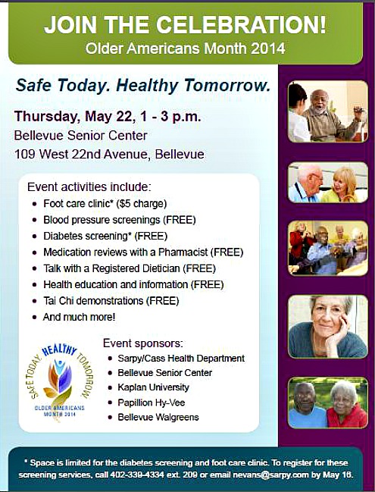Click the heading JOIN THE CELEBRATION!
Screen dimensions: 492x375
[186, 24]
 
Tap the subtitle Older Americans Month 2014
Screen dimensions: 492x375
[186, 50]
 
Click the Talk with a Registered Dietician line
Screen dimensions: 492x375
[129, 268]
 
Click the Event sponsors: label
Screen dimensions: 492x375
[143, 343]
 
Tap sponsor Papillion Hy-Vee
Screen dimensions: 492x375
[152, 403]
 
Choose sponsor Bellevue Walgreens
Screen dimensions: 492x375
[157, 417]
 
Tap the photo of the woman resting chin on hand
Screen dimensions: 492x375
[327, 326]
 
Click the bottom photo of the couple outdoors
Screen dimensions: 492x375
[327, 403]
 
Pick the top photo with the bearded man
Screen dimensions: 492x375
[327, 111]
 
